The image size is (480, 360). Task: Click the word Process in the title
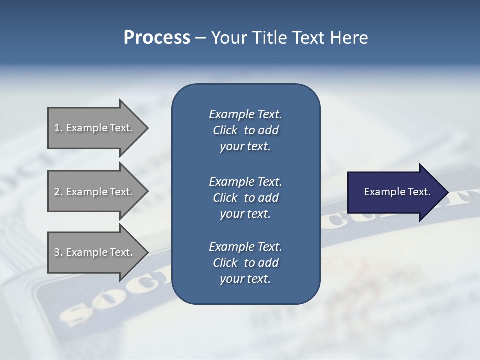pos(157,38)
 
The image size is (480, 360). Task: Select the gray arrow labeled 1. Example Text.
pos(95,128)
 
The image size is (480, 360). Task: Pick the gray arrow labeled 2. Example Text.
pos(95,192)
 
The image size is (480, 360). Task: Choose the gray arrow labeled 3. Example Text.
pos(95,252)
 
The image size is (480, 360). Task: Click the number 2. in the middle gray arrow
pos(58,192)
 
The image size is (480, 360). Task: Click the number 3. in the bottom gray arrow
pos(58,252)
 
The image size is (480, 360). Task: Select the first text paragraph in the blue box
pos(245,130)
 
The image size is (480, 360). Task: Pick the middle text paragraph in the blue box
pos(245,197)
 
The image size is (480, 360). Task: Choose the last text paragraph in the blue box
pos(245,263)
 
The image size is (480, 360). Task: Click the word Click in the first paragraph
pos(225,130)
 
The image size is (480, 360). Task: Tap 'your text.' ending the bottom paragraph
pos(245,279)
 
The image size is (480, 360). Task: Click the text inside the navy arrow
pos(397,192)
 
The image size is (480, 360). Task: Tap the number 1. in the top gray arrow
pos(58,128)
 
